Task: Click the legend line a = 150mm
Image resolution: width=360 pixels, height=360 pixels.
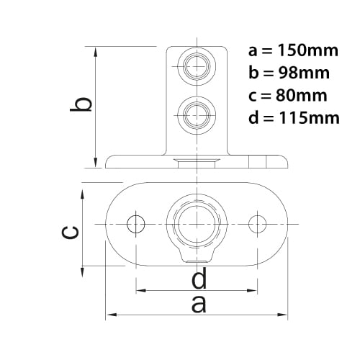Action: pyautogui.click(x=293, y=50)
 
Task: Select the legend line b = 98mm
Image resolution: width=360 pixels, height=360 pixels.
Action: pyautogui.click(x=289, y=73)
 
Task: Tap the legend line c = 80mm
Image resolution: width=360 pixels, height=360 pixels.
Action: pyautogui.click(x=288, y=95)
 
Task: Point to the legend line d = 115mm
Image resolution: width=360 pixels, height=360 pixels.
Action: pyautogui.click(x=294, y=117)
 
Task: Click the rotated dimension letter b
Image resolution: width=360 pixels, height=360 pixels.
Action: pyautogui.click(x=81, y=104)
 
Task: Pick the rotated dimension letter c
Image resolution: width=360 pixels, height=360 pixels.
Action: pyautogui.click(x=70, y=233)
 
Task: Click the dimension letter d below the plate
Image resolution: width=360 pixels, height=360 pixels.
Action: pyautogui.click(x=199, y=279)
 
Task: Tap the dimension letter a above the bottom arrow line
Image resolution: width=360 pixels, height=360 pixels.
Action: pyautogui.click(x=199, y=304)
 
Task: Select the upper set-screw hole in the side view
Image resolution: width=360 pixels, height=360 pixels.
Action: pyautogui.click(x=197, y=66)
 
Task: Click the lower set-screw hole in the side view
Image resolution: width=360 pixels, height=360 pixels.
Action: pyautogui.click(x=197, y=115)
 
